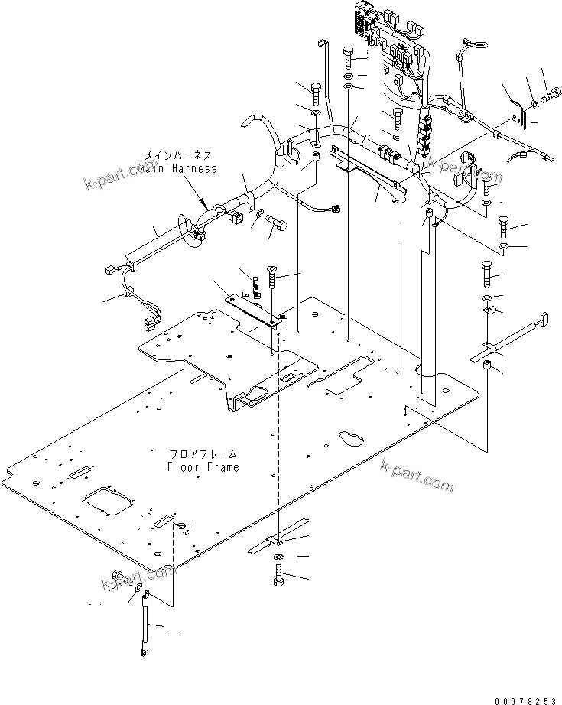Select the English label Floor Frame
tap(203, 467)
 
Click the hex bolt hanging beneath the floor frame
tap(278, 577)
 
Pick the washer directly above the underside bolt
tap(280, 556)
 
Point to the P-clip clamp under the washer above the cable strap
tap(489, 312)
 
